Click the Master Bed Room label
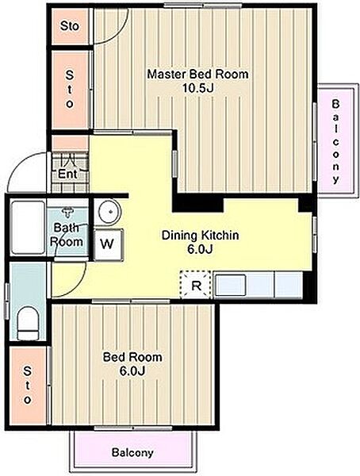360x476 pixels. [197, 74]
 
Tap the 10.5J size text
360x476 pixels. [198, 88]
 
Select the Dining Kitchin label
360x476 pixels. [200, 236]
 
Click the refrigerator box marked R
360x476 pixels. [196, 285]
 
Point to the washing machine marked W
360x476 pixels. [108, 244]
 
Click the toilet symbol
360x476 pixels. [28, 323]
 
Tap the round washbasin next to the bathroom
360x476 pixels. [107, 212]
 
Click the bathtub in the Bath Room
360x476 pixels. [28, 227]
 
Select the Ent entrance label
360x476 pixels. [67, 175]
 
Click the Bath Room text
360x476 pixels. [67, 235]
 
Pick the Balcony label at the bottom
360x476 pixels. [132, 453]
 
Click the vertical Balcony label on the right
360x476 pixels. [335, 141]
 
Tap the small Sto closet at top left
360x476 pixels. [70, 26]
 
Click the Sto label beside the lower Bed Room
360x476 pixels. [27, 386]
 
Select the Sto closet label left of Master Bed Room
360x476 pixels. [70, 89]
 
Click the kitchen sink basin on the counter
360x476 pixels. [231, 285]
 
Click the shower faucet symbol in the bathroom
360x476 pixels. [67, 212]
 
